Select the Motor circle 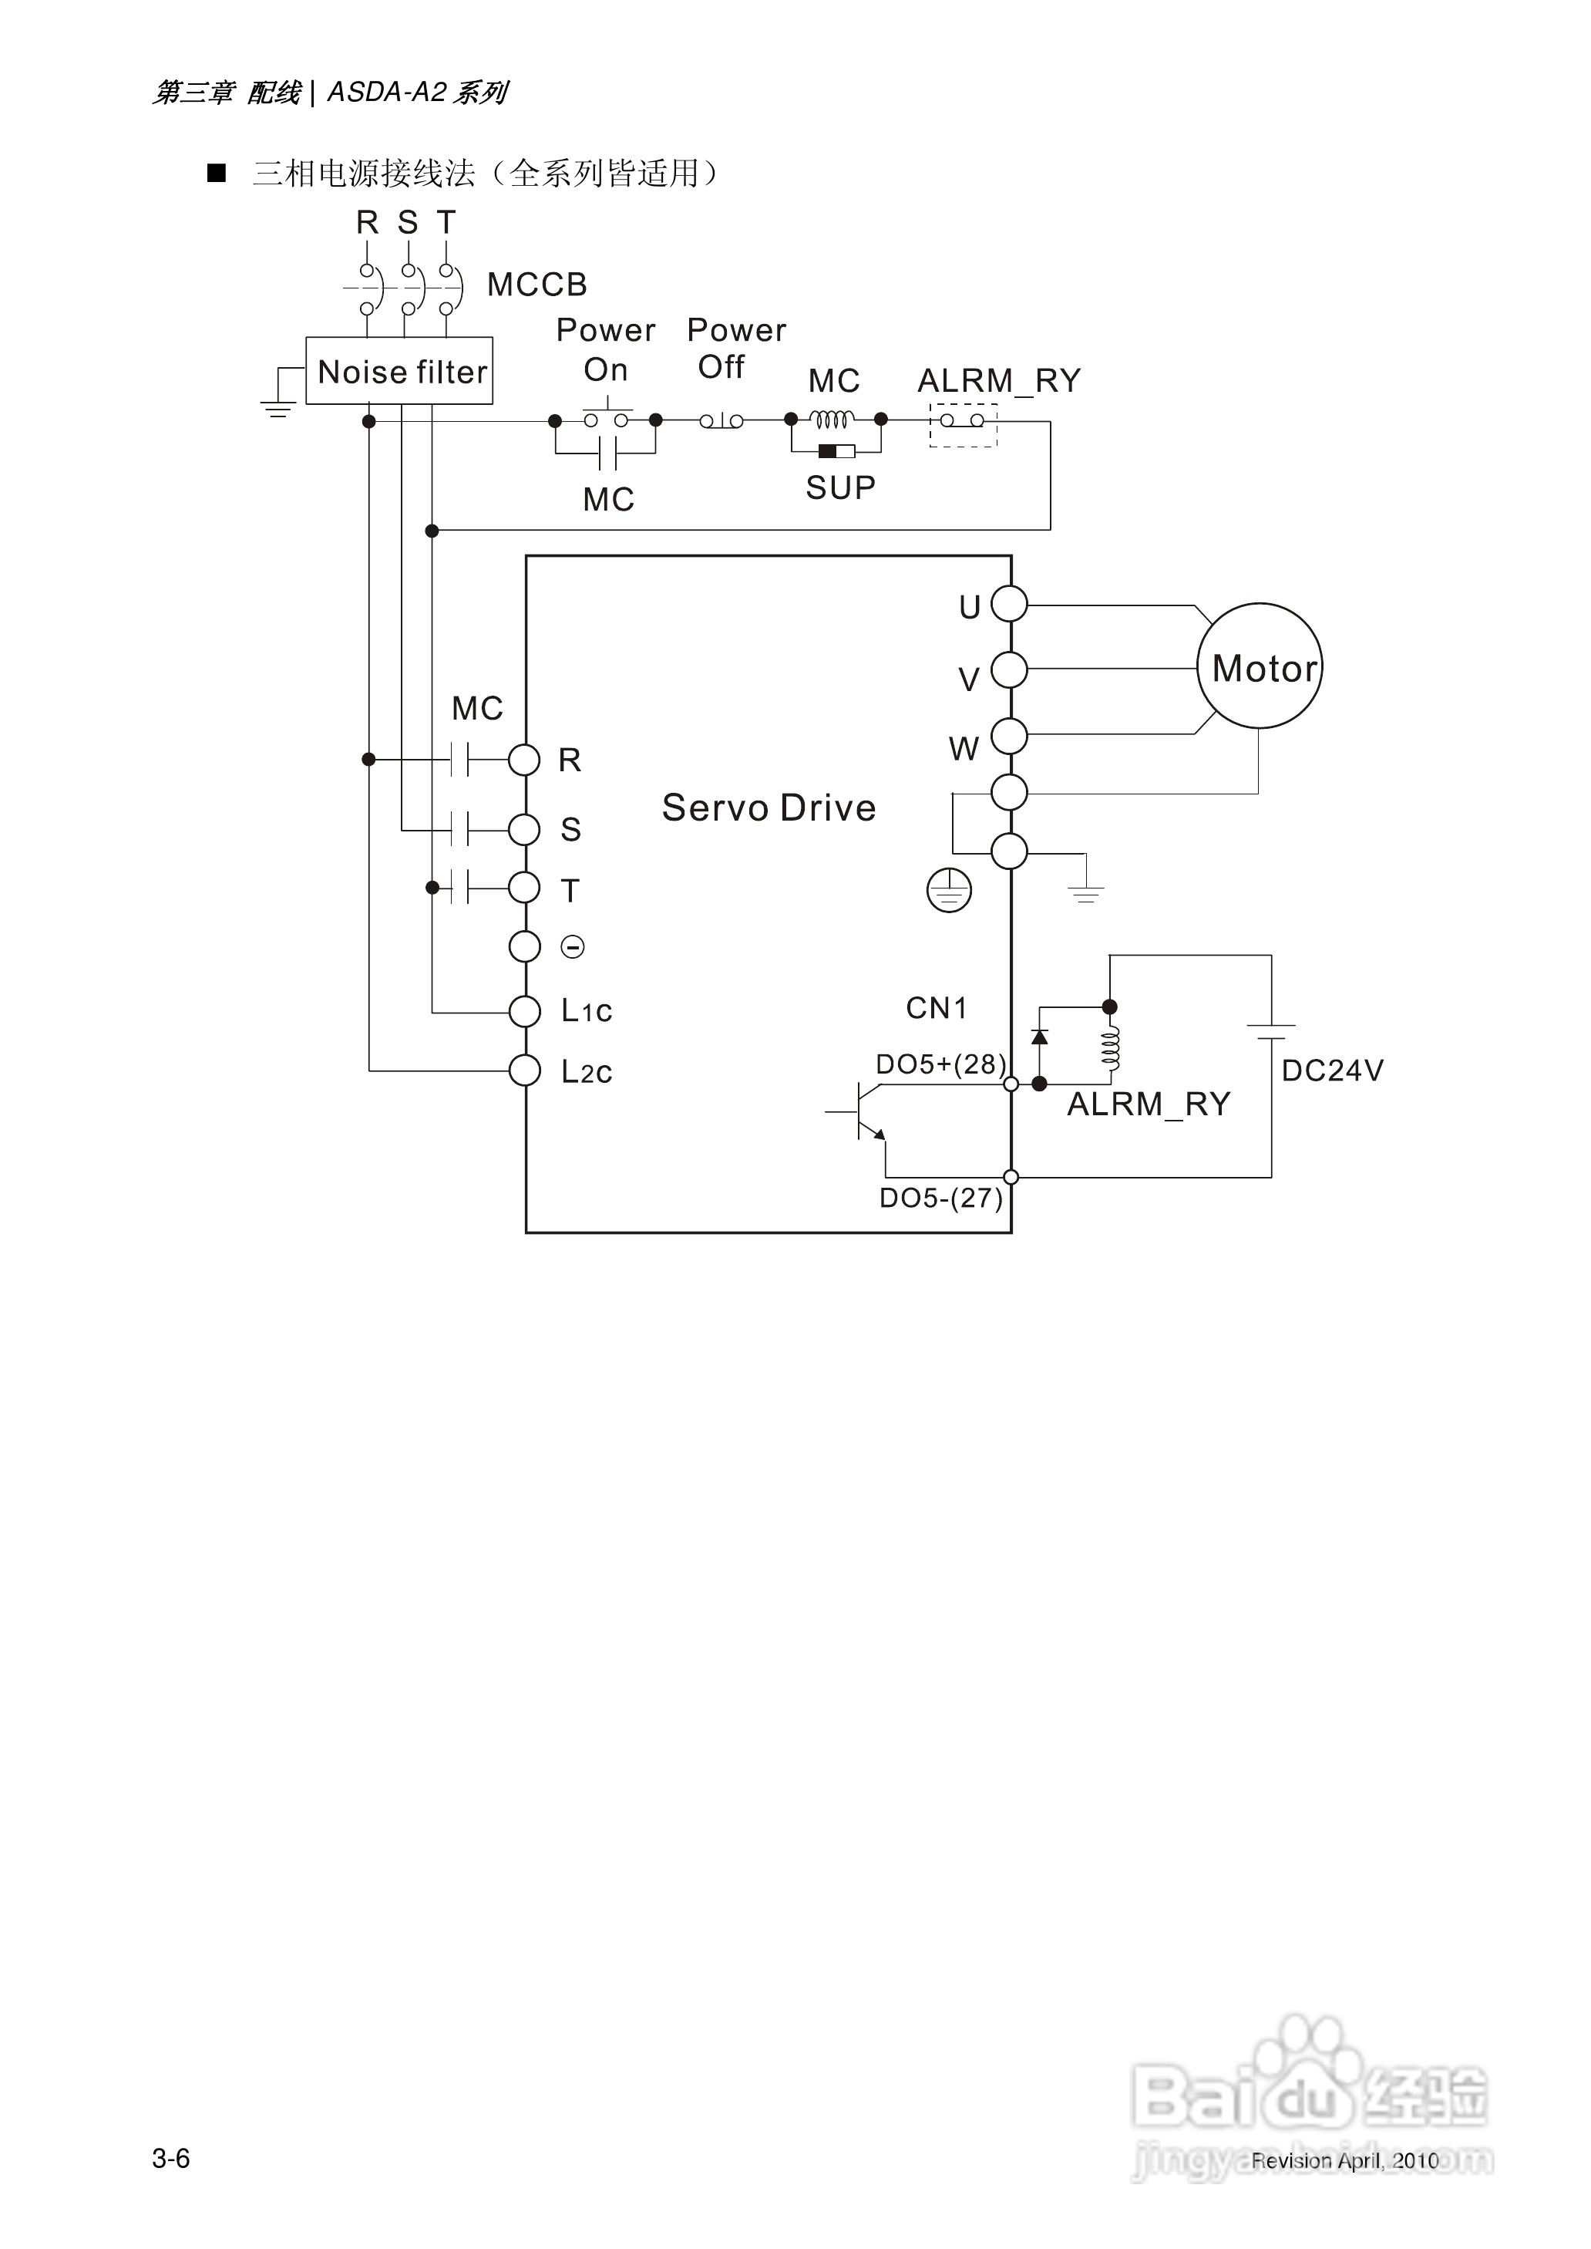click(1259, 666)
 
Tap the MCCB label click(536, 285)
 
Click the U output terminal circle click(1009, 604)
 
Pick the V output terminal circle click(1009, 670)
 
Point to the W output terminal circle click(1009, 736)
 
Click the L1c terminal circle click(525, 1011)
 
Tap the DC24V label click(1331, 1070)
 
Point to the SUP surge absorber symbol click(836, 452)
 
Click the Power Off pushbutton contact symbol click(721, 421)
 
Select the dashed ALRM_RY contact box click(962, 424)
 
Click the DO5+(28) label click(940, 1064)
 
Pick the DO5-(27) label click(940, 1198)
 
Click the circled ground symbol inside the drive click(948, 891)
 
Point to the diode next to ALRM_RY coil click(1039, 1037)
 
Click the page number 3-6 click(170, 2159)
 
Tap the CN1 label click(936, 1008)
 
